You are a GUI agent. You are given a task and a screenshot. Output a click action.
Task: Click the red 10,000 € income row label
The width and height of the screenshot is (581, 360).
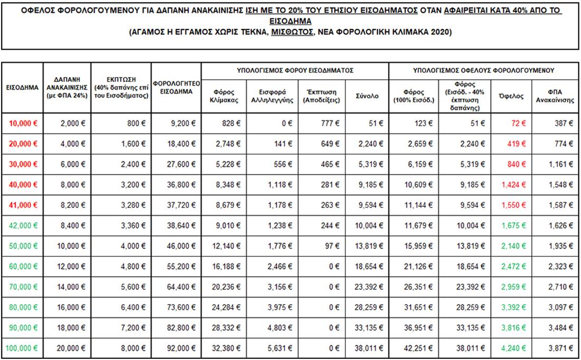click(23, 123)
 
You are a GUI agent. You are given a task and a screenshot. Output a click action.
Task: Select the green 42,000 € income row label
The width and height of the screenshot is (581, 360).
click(23, 225)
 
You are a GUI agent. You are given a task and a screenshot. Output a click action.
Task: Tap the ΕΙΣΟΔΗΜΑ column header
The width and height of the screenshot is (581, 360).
click(21, 87)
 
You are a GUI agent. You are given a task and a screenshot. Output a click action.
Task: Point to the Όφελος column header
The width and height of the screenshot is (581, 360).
click(511, 96)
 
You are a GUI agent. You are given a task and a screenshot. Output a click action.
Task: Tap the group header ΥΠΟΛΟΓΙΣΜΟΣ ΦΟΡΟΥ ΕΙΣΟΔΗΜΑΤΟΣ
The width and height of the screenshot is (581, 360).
click(295, 70)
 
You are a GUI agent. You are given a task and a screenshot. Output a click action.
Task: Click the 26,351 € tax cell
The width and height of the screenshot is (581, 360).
click(415, 287)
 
